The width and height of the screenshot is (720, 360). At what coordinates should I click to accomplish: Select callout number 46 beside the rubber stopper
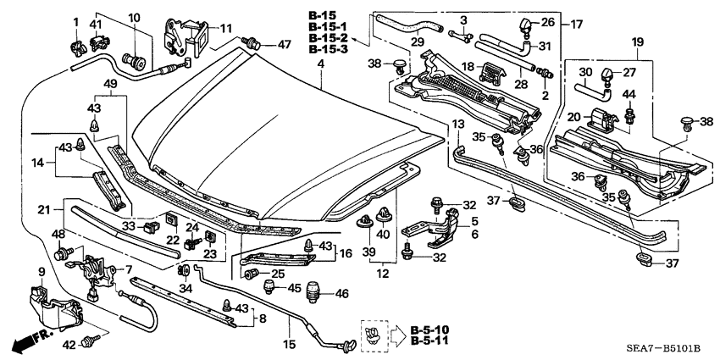[342, 294]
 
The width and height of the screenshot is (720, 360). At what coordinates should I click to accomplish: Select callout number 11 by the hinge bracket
[224, 28]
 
